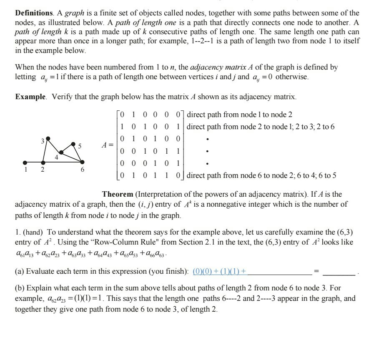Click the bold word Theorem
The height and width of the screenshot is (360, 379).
(118, 194)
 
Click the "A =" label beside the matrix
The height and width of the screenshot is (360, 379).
(107, 145)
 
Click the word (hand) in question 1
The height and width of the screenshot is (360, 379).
(33, 232)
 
